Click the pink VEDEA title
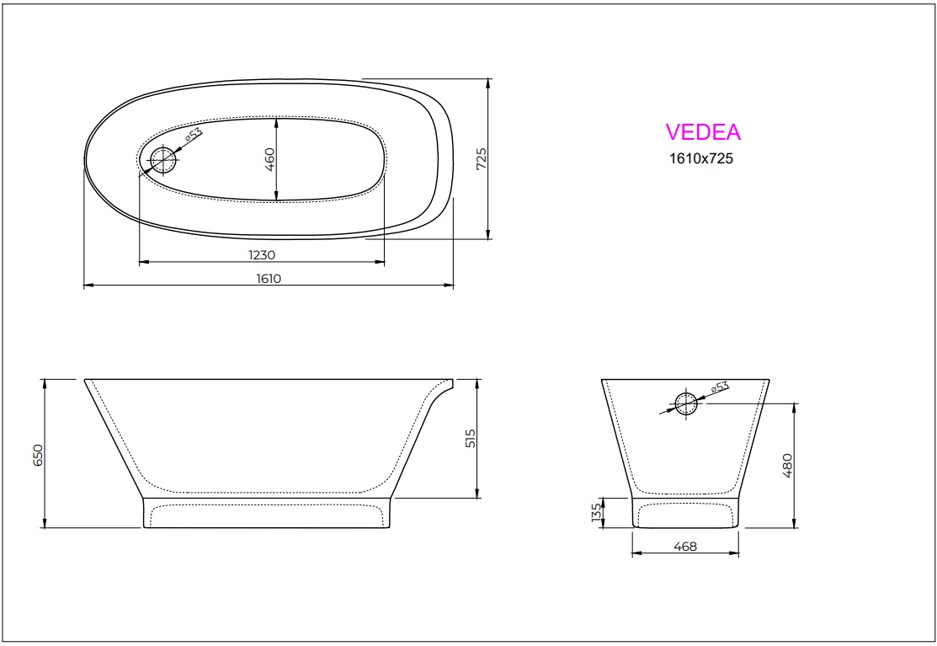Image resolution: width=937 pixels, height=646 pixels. click(x=703, y=132)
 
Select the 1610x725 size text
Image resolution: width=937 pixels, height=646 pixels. click(x=700, y=157)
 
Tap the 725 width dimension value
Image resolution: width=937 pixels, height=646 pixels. click(x=482, y=159)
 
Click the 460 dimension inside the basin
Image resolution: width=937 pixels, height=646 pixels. click(x=270, y=159)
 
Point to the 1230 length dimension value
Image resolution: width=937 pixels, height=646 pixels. click(x=262, y=254)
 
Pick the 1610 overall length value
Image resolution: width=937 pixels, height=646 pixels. click(x=269, y=279)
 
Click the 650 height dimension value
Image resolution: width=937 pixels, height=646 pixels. click(x=37, y=455)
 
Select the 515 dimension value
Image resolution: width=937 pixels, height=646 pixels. click(x=471, y=438)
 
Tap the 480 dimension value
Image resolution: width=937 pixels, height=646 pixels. click(x=788, y=465)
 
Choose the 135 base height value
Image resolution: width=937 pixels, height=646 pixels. click(x=596, y=512)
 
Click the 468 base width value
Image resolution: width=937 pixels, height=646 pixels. click(x=685, y=547)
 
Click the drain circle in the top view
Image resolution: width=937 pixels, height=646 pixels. click(x=163, y=158)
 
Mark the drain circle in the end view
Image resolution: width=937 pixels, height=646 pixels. click(x=686, y=403)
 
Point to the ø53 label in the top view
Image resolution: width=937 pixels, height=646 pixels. click(x=194, y=135)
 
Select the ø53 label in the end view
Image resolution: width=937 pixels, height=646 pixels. click(x=719, y=387)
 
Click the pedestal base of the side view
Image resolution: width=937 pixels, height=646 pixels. click(x=267, y=513)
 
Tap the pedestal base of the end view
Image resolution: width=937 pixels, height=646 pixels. click(x=685, y=513)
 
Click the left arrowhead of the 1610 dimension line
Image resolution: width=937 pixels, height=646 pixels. click(x=87, y=286)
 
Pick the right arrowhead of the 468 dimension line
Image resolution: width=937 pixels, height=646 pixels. click(x=737, y=554)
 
